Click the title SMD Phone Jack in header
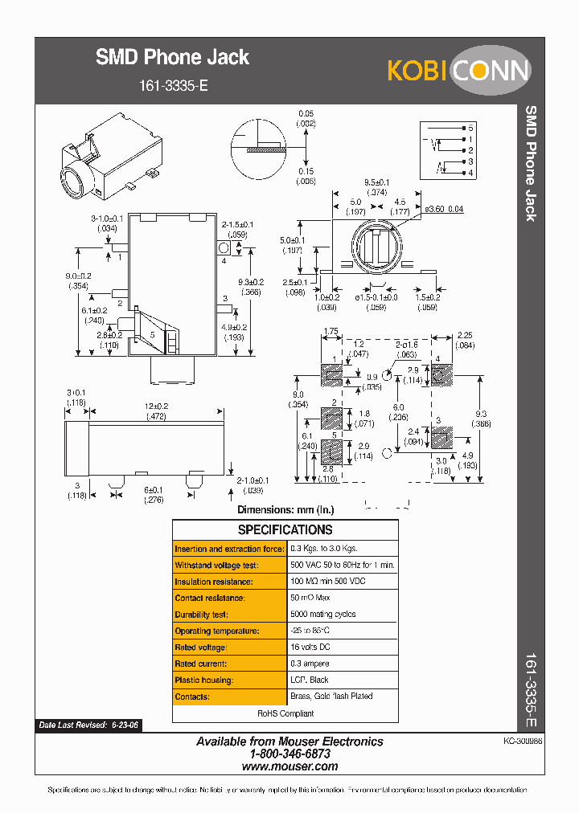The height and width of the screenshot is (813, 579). point(172,57)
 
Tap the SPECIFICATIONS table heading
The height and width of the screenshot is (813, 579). point(285,530)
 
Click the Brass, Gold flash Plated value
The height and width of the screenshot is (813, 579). point(331,697)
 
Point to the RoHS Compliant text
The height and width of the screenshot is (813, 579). point(285,713)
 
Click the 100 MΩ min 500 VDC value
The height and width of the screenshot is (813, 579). point(330,582)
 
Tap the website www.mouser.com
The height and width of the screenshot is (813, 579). point(289,766)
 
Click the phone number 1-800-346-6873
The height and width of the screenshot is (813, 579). point(289,754)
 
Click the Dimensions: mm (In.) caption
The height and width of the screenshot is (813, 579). point(285,509)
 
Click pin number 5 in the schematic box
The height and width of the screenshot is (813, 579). point(470,129)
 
